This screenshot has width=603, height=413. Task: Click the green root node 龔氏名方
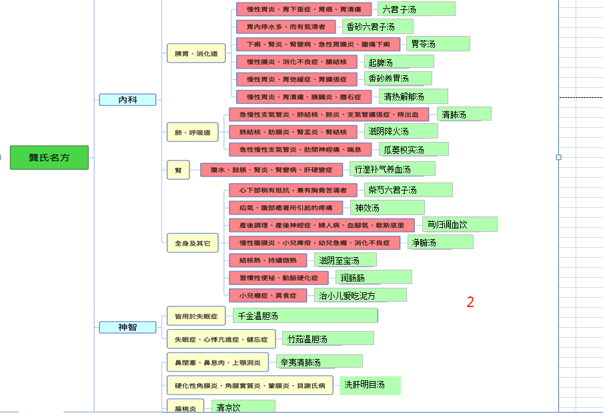(x=49, y=157)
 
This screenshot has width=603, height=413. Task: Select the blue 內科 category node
(x=127, y=100)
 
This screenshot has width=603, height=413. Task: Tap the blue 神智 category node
(x=127, y=327)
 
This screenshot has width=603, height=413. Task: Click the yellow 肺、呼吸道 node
(x=192, y=133)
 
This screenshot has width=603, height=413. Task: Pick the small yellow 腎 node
(x=178, y=170)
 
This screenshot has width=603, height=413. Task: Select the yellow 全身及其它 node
(x=192, y=244)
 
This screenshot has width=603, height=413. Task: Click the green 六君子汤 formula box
(x=416, y=9)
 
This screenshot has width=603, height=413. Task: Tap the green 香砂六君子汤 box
(x=378, y=27)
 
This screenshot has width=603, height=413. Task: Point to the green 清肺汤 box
(x=464, y=114)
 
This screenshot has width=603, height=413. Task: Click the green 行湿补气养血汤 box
(x=392, y=169)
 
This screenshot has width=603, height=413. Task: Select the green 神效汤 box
(x=387, y=208)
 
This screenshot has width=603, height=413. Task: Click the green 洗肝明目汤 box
(x=370, y=385)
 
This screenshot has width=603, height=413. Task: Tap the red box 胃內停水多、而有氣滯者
(x=286, y=27)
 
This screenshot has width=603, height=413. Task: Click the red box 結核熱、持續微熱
(x=268, y=260)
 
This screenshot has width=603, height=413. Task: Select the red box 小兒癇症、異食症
(x=268, y=295)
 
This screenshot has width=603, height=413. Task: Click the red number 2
(x=470, y=302)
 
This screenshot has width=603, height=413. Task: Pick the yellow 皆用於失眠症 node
(x=196, y=316)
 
